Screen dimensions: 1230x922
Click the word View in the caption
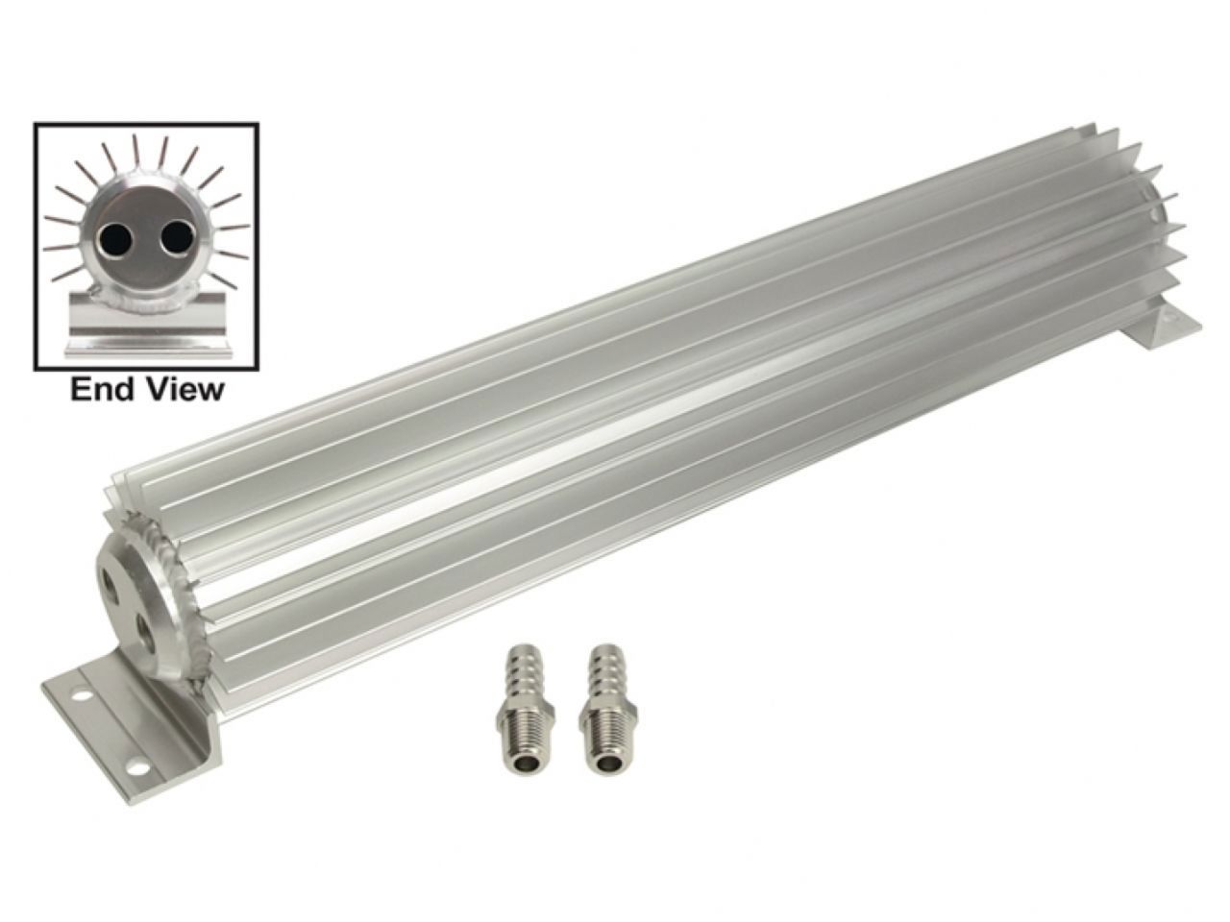184,390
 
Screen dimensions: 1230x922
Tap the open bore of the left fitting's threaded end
525,764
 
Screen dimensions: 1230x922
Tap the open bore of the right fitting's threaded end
607,764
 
